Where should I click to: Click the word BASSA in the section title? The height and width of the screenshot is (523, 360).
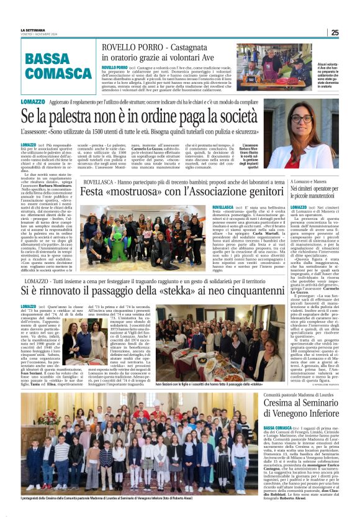coord(47,60)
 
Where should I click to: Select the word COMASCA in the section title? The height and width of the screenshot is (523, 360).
coord(58,74)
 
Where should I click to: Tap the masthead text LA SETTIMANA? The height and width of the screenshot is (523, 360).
coord(33,30)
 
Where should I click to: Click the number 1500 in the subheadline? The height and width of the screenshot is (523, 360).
coord(128,132)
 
